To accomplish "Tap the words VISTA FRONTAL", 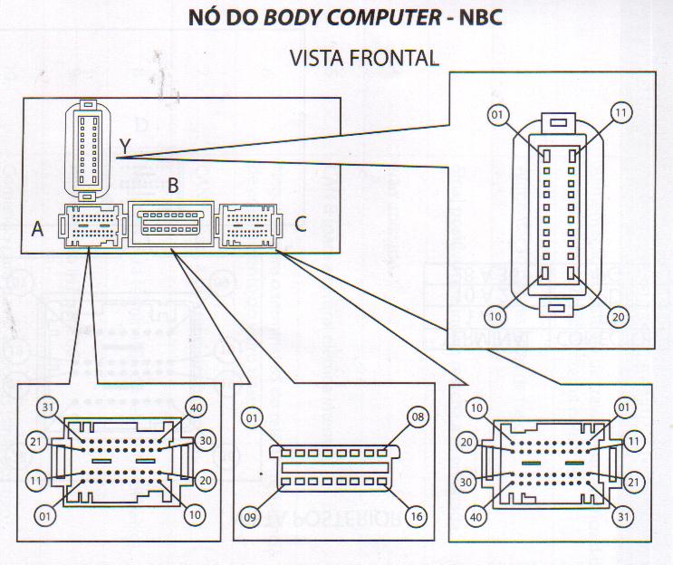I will [x=364, y=57].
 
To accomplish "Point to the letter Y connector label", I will [x=125, y=146].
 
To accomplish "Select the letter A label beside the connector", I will [x=37, y=230].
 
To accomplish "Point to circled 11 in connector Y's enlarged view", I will [x=620, y=114].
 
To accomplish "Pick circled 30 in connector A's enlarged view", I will [x=203, y=440].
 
